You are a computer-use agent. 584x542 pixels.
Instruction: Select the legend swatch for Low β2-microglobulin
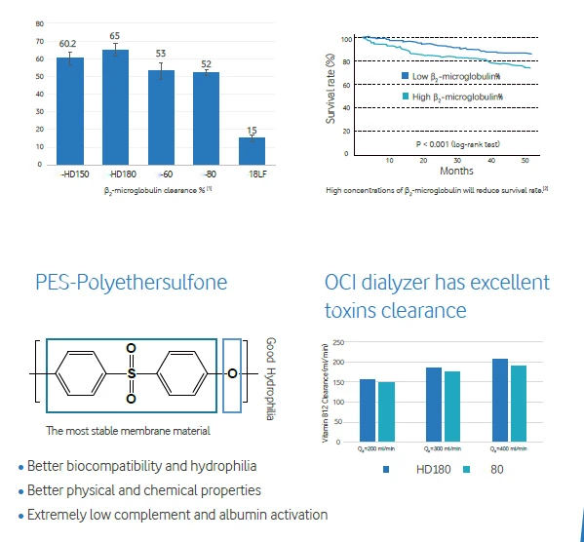tap(406, 75)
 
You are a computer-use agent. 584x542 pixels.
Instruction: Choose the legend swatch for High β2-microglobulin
tap(406, 96)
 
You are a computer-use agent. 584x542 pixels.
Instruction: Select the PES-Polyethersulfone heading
tap(131, 283)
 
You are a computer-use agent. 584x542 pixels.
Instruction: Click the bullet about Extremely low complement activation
tap(176, 515)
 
